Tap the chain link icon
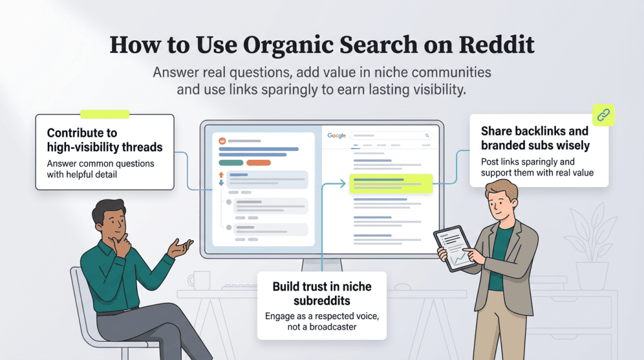603,115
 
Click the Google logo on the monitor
336,135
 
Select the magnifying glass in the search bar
428,135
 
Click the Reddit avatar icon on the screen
221,141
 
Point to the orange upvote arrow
221,174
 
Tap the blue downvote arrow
221,184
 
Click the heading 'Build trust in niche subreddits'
321,293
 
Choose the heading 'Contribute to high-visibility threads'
104,140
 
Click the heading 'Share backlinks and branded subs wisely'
535,138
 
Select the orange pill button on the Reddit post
258,162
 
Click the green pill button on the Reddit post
231,162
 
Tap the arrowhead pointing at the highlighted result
342,184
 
